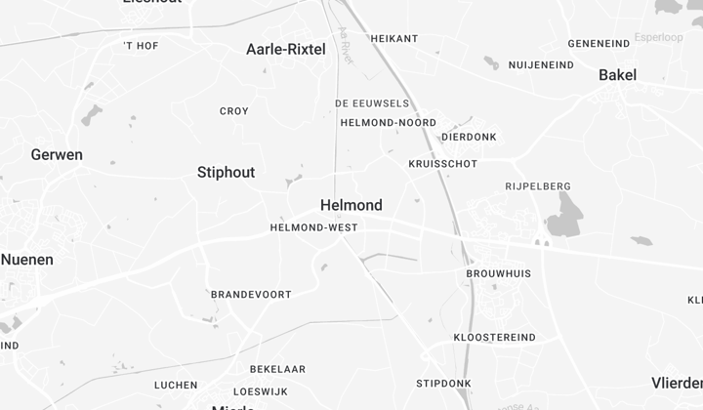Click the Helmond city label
[x=351, y=205]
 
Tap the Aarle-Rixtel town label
[x=286, y=49]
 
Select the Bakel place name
[x=617, y=75]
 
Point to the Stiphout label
[x=226, y=172]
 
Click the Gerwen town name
[x=57, y=154]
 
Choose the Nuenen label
[x=27, y=259]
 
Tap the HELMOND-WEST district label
[x=313, y=227]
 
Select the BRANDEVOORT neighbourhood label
[x=251, y=294]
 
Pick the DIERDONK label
[x=469, y=138]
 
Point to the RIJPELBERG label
[x=538, y=186]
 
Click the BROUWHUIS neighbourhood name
[x=499, y=274]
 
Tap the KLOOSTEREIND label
[x=494, y=338]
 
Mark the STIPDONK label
[x=443, y=383]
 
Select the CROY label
[x=234, y=111]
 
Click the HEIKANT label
[x=394, y=39]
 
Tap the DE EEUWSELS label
[x=372, y=102]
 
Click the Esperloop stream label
[x=658, y=37]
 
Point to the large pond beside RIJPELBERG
[x=563, y=215]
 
